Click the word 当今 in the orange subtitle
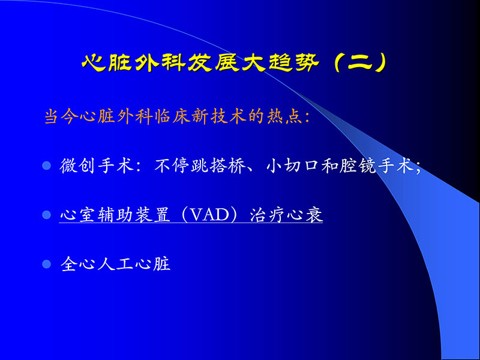(59, 116)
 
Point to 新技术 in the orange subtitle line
(206, 116)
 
